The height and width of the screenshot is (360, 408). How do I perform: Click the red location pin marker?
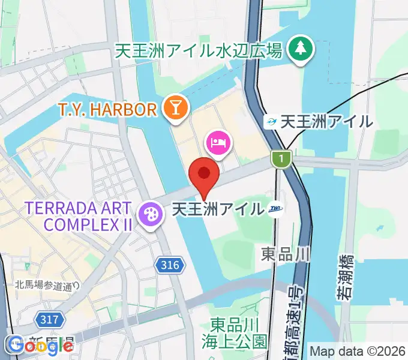click(x=204, y=174)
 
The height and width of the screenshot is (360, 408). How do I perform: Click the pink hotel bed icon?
click(x=217, y=143)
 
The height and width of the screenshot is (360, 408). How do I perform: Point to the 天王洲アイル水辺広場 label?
click(x=199, y=51)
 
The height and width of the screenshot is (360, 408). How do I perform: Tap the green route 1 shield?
click(x=280, y=159)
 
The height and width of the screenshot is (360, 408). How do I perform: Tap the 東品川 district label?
click(x=286, y=254)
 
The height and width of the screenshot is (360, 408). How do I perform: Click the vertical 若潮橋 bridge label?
click(x=345, y=276)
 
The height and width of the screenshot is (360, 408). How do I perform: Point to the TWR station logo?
click(x=277, y=209)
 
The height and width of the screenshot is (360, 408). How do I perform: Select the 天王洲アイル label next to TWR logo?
click(x=218, y=209)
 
